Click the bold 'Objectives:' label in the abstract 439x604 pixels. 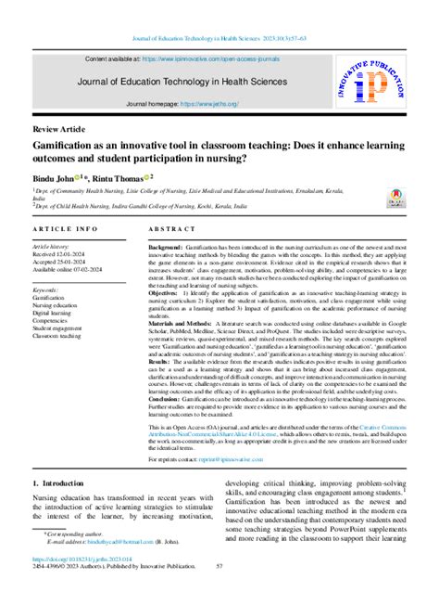click(x=167, y=292)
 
